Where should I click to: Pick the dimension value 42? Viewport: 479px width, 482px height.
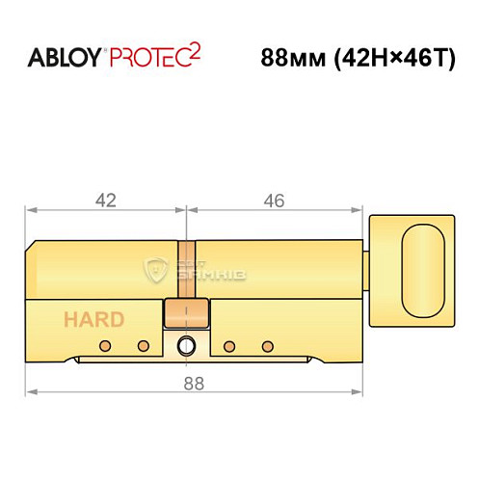(105, 201)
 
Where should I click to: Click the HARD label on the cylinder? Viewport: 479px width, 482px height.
(93, 319)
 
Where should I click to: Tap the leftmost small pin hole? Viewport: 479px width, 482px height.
(111, 345)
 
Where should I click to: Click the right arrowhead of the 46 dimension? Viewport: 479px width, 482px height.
(363, 209)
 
